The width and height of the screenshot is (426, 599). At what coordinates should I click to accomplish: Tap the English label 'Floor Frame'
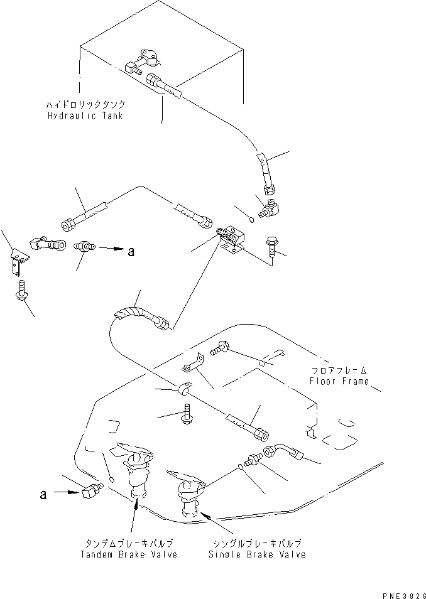click(x=339, y=381)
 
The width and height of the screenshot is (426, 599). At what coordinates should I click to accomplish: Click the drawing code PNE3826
click(x=403, y=594)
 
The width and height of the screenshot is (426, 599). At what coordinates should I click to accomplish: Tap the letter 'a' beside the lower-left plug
click(x=43, y=494)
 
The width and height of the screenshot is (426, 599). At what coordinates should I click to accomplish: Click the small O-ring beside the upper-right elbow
click(x=251, y=219)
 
